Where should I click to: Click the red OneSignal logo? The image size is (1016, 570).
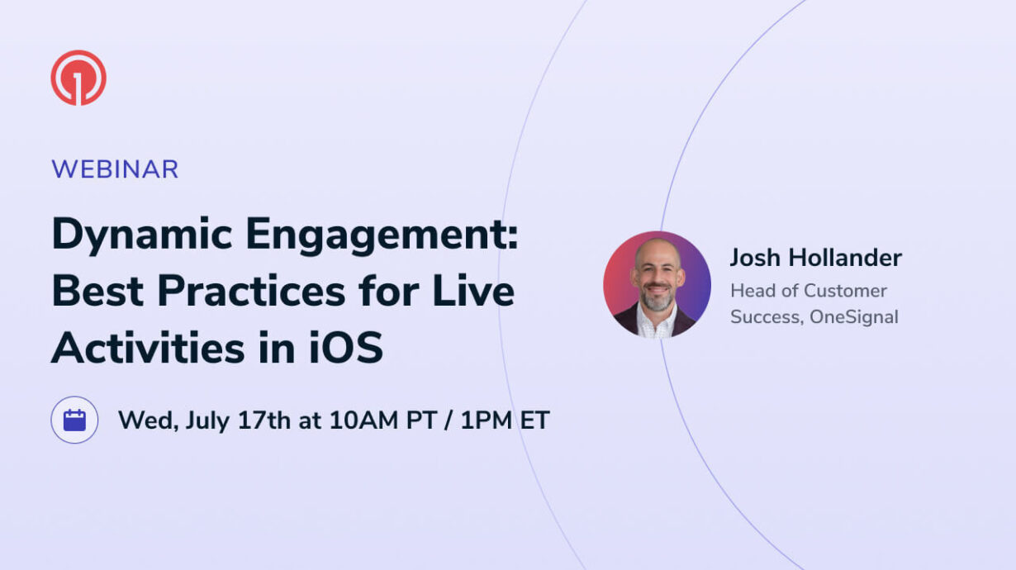[x=78, y=78]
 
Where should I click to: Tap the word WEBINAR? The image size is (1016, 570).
[x=115, y=169]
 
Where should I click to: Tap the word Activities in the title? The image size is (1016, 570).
[x=148, y=348]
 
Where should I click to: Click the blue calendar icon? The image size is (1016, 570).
[x=74, y=420]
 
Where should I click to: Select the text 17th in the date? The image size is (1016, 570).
[x=264, y=420]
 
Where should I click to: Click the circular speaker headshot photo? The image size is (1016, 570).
[x=657, y=284]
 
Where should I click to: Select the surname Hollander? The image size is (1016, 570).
[x=845, y=258]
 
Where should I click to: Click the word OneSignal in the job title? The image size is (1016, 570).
[x=853, y=317]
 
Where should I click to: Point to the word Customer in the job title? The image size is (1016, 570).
[x=847, y=291]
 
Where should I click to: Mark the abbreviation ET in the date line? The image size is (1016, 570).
[x=534, y=420]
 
